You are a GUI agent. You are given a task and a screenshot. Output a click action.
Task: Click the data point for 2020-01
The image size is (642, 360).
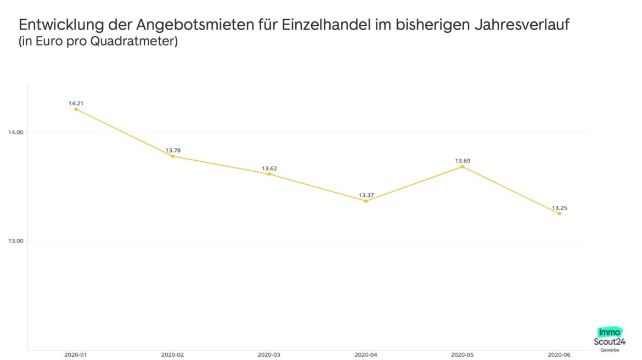[76, 109]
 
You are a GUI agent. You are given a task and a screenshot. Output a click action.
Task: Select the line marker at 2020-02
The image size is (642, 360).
[173, 156]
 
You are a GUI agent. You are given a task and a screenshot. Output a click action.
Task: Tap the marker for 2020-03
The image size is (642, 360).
[269, 174]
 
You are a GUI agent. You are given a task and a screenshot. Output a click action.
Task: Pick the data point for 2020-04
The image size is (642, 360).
[366, 201]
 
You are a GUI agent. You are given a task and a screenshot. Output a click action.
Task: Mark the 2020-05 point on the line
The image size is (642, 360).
[463, 166]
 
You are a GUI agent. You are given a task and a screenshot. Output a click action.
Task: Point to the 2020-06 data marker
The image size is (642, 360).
[559, 213]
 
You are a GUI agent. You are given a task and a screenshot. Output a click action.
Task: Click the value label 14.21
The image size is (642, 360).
[76, 103]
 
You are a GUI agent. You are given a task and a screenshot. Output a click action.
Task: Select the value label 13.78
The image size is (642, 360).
[173, 150]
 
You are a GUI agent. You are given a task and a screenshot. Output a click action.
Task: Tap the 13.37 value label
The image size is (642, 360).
[366, 195]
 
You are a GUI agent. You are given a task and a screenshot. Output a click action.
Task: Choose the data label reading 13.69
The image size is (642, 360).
[463, 161]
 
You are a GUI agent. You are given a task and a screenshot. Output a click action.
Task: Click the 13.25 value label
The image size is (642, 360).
[559, 208]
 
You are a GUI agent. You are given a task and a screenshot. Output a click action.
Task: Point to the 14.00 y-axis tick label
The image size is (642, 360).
[15, 132]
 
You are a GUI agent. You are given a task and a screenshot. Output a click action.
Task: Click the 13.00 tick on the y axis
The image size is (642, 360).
[15, 241]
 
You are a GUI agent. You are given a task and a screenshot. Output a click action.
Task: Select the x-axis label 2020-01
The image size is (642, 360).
[76, 355]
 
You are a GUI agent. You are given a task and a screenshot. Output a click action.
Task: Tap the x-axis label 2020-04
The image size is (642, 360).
[366, 355]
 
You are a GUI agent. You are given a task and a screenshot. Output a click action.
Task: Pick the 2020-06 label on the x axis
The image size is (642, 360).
[559, 355]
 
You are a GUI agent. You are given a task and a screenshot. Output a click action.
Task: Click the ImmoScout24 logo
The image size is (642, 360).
[611, 339]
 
